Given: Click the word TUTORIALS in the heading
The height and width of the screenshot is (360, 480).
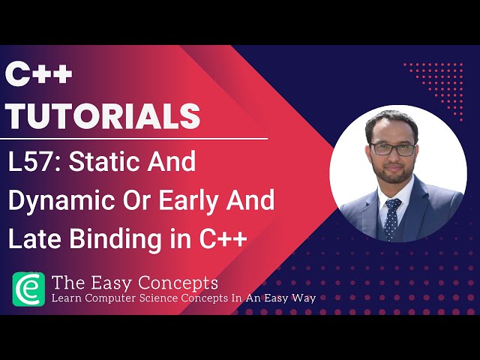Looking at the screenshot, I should [x=103, y=115].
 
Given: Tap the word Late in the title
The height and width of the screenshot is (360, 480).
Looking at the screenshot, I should [x=33, y=240].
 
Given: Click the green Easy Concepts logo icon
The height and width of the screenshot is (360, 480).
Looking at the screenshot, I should [x=28, y=289].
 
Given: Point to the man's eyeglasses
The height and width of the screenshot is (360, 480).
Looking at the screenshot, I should [x=391, y=148].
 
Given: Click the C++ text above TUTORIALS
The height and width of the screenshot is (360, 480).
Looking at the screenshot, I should [x=39, y=76].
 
